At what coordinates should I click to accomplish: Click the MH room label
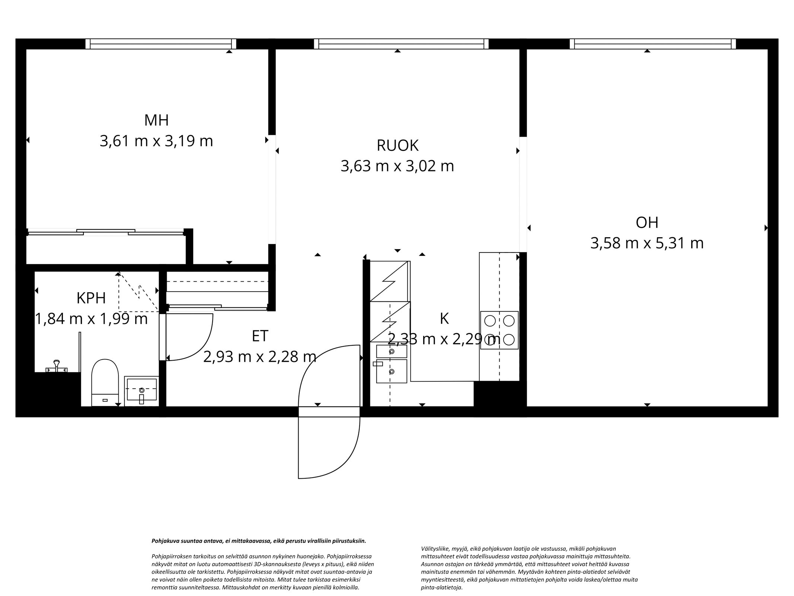tap(156, 120)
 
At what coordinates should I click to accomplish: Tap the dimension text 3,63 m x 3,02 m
tap(397, 166)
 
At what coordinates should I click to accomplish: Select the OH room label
tap(647, 223)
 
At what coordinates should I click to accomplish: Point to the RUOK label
tap(397, 146)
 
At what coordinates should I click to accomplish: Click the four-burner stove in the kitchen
tap(499, 330)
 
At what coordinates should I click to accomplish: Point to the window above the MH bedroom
tap(161, 44)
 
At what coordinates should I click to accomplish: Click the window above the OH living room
tap(653, 44)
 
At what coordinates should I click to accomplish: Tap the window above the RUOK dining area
tap(401, 44)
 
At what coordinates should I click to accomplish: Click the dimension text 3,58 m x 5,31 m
tap(647, 244)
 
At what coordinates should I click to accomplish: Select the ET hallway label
tap(260, 336)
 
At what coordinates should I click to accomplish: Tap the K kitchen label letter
tap(444, 319)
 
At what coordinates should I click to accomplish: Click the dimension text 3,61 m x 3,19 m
tap(156, 142)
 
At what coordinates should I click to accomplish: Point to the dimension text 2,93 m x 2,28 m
tap(260, 357)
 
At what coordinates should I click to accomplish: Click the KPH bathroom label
tap(91, 298)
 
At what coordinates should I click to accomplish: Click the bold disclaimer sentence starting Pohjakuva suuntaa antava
tap(259, 541)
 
